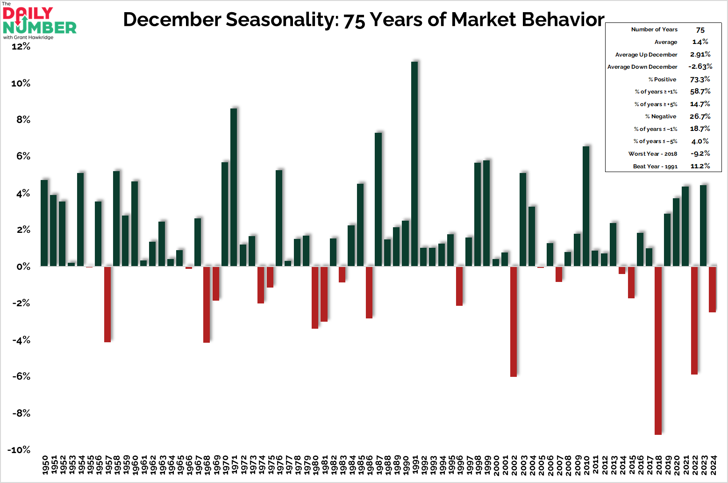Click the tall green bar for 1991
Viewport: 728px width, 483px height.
click(x=414, y=164)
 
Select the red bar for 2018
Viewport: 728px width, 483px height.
click(x=658, y=350)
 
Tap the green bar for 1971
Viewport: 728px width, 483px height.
click(x=234, y=187)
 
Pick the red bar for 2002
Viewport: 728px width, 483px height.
click(x=514, y=321)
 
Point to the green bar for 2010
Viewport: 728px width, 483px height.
click(x=586, y=206)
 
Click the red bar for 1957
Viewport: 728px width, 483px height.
click(x=107, y=304)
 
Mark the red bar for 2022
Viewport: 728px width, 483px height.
click(x=694, y=320)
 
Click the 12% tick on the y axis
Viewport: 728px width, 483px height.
click(x=21, y=46)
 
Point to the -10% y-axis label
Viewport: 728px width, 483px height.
click(x=19, y=450)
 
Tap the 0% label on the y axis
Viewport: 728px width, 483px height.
click(x=23, y=267)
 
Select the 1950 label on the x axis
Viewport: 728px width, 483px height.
click(x=45, y=465)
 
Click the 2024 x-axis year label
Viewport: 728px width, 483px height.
click(x=713, y=465)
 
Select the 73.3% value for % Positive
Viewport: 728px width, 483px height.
click(x=700, y=79)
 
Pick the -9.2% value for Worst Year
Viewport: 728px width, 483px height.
click(x=700, y=154)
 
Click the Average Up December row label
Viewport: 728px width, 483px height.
click(x=646, y=55)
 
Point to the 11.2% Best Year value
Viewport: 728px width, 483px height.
click(x=700, y=166)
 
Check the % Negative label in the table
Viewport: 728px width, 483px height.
click(x=660, y=116)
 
